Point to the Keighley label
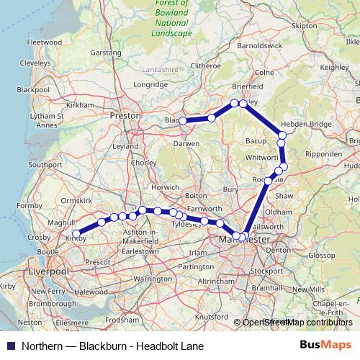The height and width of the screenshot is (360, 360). pyautogui.click(x=333, y=67)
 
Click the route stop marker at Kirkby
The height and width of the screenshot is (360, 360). pyautogui.click(x=76, y=234)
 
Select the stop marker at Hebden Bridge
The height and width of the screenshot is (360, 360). pyautogui.click(x=282, y=135)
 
